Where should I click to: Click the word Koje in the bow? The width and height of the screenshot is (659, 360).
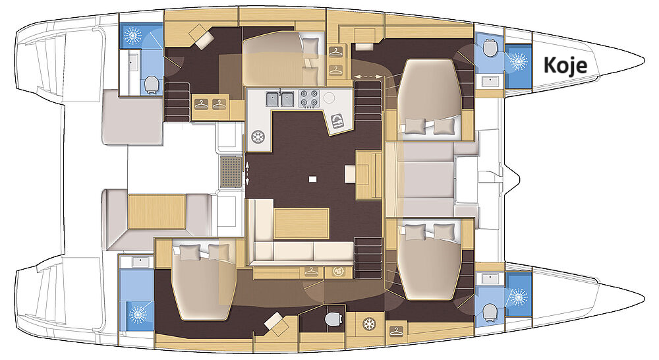[x=565, y=66]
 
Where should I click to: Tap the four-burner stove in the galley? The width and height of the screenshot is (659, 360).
[x=309, y=98]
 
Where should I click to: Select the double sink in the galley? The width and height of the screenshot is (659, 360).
[x=280, y=99]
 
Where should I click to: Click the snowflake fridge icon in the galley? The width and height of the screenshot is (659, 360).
[x=258, y=137]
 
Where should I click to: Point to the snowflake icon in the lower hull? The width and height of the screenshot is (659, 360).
[x=370, y=324]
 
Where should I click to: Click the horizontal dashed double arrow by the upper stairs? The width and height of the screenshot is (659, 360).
[x=369, y=76]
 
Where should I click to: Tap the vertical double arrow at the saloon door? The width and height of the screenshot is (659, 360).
[x=247, y=173]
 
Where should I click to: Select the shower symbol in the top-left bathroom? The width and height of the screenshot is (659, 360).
[x=133, y=36]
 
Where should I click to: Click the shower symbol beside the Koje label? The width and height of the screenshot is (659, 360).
[x=518, y=61]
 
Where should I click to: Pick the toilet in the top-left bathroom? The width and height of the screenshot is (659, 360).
[x=151, y=84]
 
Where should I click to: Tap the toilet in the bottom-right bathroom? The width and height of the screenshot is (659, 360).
[x=489, y=312]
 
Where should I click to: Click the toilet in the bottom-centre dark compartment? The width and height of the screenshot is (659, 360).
[x=332, y=318]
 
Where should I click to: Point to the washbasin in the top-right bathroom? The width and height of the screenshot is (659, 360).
[x=490, y=80]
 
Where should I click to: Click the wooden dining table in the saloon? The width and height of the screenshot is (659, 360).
[x=301, y=224]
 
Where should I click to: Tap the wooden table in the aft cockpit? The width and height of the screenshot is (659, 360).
[x=157, y=212]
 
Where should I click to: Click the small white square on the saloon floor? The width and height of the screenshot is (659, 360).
[x=312, y=179]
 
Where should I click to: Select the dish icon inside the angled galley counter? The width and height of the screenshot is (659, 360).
[x=337, y=121]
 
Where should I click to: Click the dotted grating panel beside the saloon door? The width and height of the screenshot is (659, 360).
[x=231, y=171]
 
